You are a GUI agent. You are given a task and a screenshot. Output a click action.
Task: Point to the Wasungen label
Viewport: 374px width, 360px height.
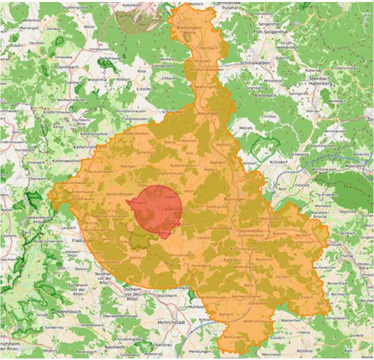coord(208,114)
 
